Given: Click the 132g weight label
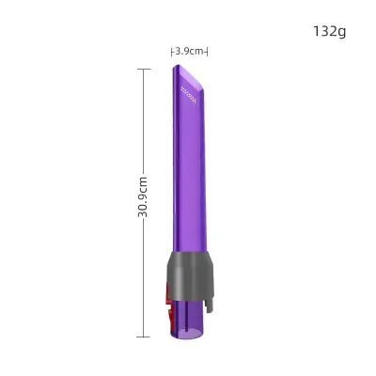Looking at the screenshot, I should pyautogui.click(x=329, y=31).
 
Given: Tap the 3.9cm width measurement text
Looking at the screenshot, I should pyautogui.click(x=189, y=52).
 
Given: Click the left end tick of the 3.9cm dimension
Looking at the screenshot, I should pyautogui.click(x=171, y=52).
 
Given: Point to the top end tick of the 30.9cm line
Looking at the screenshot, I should pyautogui.click(x=144, y=68).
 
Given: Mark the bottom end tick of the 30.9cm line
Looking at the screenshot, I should pyautogui.click(x=144, y=336).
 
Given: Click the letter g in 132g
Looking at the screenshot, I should pyautogui.click(x=342, y=32).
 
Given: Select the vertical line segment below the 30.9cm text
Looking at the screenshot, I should pyautogui.click(x=144, y=277).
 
